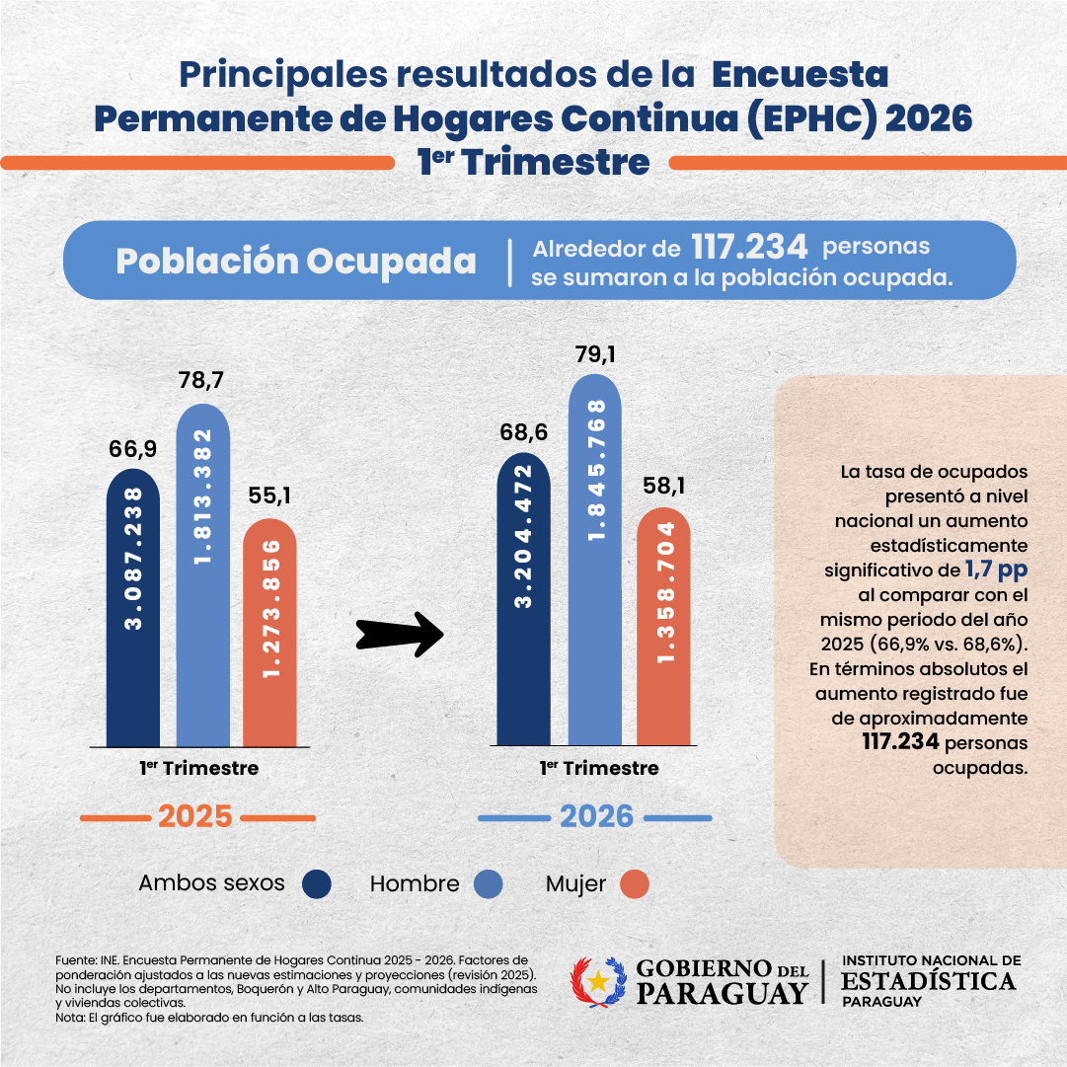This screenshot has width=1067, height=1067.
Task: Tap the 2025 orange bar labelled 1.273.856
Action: click(x=269, y=632)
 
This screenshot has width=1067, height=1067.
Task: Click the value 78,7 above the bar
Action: click(x=202, y=382)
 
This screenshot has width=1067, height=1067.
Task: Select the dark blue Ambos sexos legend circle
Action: click(x=317, y=884)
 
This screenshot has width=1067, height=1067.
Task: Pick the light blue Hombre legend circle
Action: click(x=489, y=884)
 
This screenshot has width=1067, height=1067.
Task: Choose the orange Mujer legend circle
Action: click(x=635, y=884)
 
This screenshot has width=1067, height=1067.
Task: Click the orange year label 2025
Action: click(x=195, y=817)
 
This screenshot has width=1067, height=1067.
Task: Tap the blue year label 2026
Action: click(x=596, y=817)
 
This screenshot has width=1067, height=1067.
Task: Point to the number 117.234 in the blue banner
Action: click(x=749, y=247)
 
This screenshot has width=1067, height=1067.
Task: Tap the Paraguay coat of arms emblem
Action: click(x=598, y=980)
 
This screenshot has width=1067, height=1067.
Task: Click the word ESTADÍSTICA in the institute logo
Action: click(x=928, y=980)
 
